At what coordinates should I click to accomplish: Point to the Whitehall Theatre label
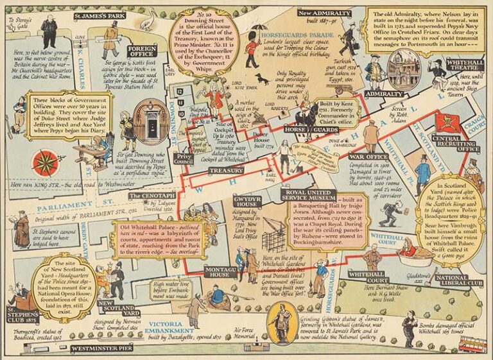pyautogui.click(x=456, y=65)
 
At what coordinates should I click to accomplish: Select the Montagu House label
pyautogui.click(x=220, y=271)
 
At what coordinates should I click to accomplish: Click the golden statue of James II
pyautogui.click(x=281, y=323)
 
